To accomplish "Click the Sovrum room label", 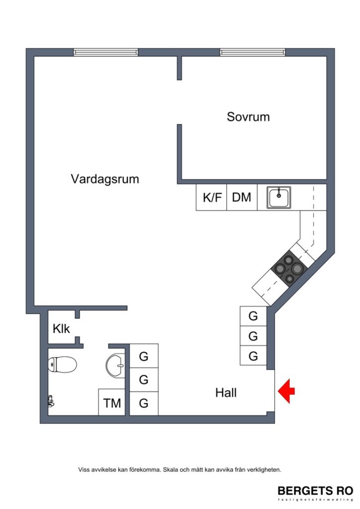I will pyautogui.click(x=248, y=117).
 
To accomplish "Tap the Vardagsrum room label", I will pyautogui.click(x=104, y=179).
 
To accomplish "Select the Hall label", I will pyautogui.click(x=226, y=393).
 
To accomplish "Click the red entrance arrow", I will pyautogui.click(x=286, y=391).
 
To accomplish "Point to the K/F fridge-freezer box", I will pyautogui.click(x=211, y=197).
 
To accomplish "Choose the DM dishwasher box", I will pyautogui.click(x=242, y=197).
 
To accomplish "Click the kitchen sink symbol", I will pyautogui.click(x=279, y=198).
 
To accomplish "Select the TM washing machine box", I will pyautogui.click(x=112, y=403).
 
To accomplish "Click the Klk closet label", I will pyautogui.click(x=61, y=329).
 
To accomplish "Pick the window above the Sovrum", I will pyautogui.click(x=253, y=52).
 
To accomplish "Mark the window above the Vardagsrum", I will pyautogui.click(x=105, y=52).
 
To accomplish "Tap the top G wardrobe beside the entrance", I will pyautogui.click(x=253, y=316).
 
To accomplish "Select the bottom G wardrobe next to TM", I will pyautogui.click(x=144, y=403).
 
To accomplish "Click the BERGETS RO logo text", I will pyautogui.click(x=315, y=490).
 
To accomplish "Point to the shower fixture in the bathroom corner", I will pyautogui.click(x=51, y=401).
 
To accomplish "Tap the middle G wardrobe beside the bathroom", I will pyautogui.click(x=144, y=380).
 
